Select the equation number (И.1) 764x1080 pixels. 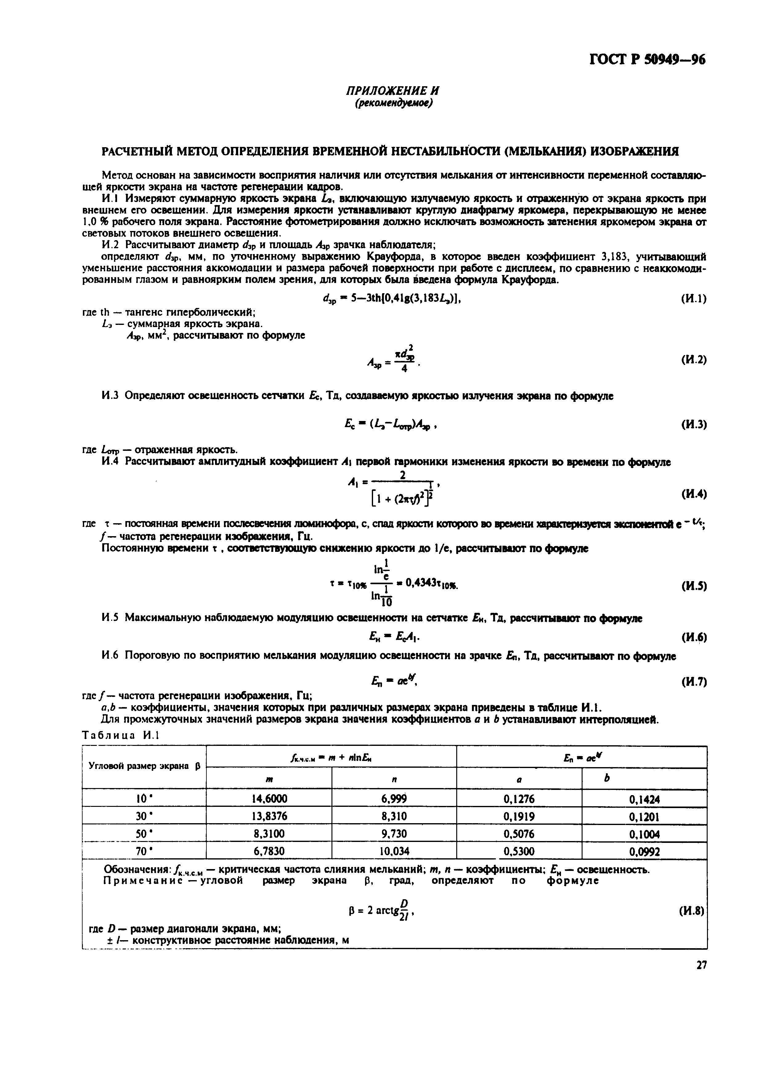[x=693, y=299]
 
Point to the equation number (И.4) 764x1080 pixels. [x=693, y=494]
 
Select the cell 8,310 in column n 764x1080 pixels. [x=394, y=816]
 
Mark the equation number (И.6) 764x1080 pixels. [x=693, y=637]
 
